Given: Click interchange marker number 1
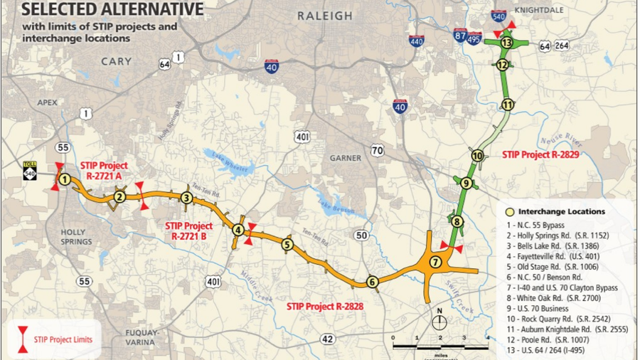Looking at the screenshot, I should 65,179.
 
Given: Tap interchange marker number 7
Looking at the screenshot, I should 436,262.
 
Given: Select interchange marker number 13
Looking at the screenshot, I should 506,43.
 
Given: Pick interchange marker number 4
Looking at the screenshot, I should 238,229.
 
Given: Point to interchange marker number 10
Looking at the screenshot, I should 477,156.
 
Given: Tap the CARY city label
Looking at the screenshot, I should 116,62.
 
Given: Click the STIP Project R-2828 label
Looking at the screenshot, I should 325,305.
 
